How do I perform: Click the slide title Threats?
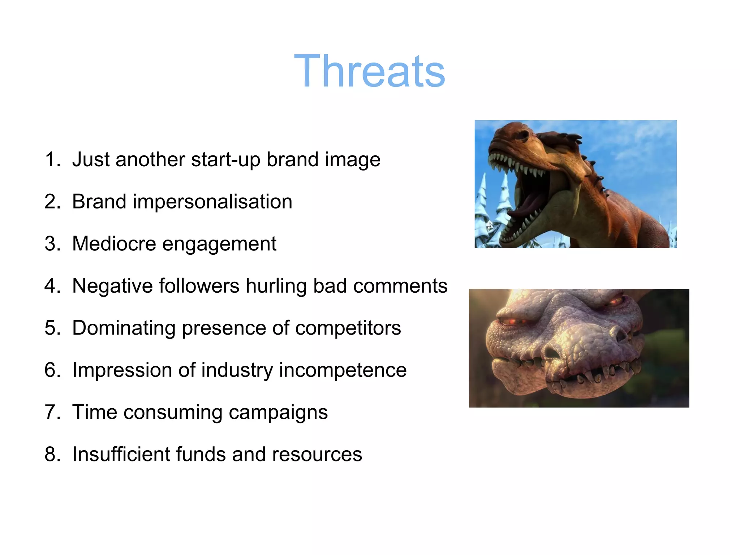(x=369, y=71)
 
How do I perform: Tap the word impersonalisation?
(x=212, y=202)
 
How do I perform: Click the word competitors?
(x=348, y=328)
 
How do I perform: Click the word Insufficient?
(x=121, y=454)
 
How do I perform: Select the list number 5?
(x=52, y=328)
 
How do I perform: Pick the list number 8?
(x=52, y=454)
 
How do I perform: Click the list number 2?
(x=52, y=202)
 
